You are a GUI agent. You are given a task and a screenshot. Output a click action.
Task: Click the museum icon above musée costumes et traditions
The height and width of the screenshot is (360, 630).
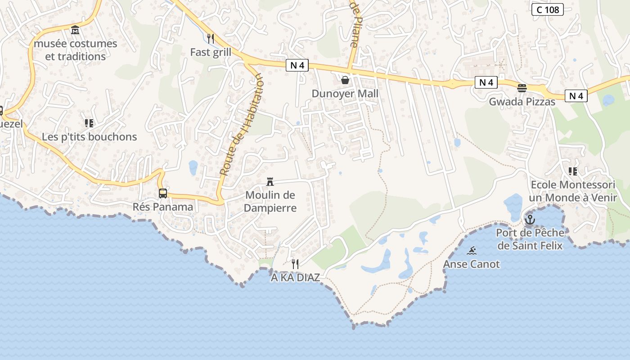point(75,30)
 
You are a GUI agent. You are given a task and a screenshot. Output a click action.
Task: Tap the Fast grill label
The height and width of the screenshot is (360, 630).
point(211,52)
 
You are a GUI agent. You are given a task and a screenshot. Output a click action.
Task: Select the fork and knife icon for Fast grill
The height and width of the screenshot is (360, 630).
point(210,38)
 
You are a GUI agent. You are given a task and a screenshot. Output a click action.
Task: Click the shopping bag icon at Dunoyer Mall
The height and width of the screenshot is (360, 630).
point(345,80)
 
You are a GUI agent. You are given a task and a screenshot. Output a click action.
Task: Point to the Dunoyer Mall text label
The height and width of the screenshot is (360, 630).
point(345,94)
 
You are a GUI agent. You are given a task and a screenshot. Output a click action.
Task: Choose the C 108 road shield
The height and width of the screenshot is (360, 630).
point(547,9)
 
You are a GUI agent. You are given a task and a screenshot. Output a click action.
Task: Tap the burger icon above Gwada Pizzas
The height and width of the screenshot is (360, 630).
point(522,88)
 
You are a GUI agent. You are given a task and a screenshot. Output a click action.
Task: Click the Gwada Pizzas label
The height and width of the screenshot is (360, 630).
point(522,102)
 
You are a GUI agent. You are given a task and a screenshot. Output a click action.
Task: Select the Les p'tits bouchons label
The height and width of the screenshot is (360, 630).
point(89,137)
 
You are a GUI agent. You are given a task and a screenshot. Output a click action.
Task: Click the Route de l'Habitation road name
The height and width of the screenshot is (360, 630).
point(241,125)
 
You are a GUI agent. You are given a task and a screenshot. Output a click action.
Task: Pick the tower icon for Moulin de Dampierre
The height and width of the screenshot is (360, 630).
point(270,182)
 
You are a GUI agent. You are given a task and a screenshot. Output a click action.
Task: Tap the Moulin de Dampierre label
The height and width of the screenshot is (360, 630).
point(270,201)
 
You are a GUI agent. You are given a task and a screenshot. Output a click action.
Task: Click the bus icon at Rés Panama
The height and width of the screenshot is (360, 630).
point(163,193)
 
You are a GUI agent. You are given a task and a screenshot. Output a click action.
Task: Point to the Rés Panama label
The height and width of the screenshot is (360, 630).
point(163,207)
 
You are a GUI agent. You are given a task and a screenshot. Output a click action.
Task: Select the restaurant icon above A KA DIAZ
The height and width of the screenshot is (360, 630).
point(295,264)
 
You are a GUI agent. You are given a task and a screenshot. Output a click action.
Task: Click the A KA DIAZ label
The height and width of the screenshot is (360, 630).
point(295,278)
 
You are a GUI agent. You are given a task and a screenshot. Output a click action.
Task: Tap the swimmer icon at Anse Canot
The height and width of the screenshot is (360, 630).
point(472,251)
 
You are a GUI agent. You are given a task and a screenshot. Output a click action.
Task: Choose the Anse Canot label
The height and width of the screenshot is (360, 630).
point(472,264)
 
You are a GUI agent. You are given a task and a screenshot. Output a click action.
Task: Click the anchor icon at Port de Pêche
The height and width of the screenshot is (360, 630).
point(530,220)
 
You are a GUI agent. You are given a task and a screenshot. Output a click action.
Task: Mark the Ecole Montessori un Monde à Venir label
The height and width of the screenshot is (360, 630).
point(572,191)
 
